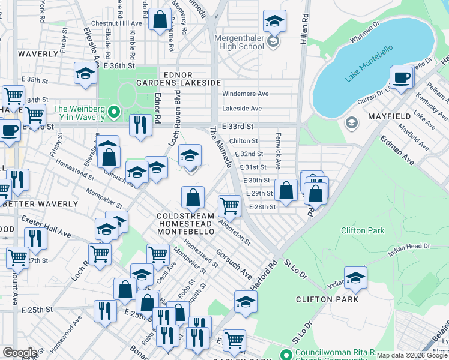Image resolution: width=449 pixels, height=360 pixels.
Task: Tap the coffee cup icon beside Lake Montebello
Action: [x=401, y=77]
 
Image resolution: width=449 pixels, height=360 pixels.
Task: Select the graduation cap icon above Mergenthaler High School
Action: [x=274, y=22]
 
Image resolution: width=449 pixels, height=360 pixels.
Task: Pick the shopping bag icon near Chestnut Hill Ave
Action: [x=160, y=19]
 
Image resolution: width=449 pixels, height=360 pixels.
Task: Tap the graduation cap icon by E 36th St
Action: [x=85, y=73]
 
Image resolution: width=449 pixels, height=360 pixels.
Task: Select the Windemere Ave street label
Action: [x=246, y=94]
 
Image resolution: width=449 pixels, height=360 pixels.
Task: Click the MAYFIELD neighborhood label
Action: [x=389, y=116]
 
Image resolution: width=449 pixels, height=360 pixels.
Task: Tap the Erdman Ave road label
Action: [x=396, y=151]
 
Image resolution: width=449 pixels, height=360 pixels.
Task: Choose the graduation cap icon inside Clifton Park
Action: [x=355, y=278]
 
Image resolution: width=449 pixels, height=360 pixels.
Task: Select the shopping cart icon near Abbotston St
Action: [x=229, y=206]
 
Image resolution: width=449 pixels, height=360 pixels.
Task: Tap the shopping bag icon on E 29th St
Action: [x=287, y=190]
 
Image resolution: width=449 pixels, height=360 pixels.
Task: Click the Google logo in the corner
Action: [x=20, y=353]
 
